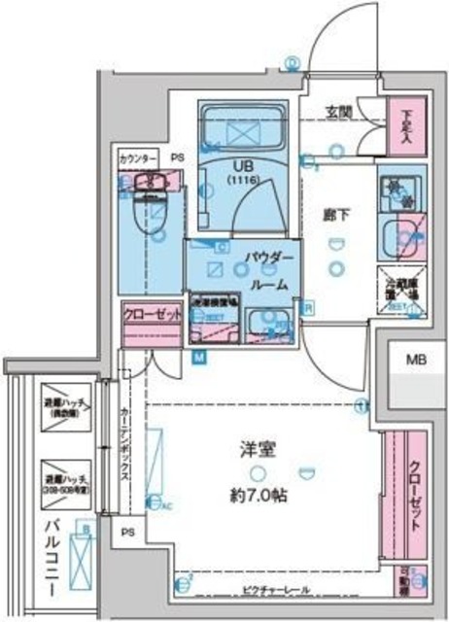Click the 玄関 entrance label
click(x=338, y=109)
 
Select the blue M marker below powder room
click(x=198, y=357)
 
